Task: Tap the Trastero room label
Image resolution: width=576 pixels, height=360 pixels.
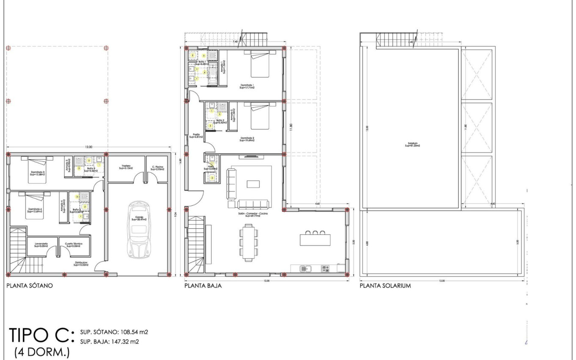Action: click(x=126, y=167)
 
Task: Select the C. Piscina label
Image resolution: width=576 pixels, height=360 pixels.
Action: click(x=158, y=167)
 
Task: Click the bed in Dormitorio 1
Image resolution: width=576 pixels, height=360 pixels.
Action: click(x=260, y=64)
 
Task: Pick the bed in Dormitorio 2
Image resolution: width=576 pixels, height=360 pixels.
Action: click(x=260, y=117)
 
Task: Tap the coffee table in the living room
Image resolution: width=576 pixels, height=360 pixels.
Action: click(x=254, y=183)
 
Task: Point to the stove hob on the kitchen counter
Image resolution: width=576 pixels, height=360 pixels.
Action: click(x=325, y=268)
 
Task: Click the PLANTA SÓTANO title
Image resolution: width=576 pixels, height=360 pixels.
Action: click(x=29, y=286)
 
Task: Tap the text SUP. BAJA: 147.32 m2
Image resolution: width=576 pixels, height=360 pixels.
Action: click(x=110, y=341)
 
